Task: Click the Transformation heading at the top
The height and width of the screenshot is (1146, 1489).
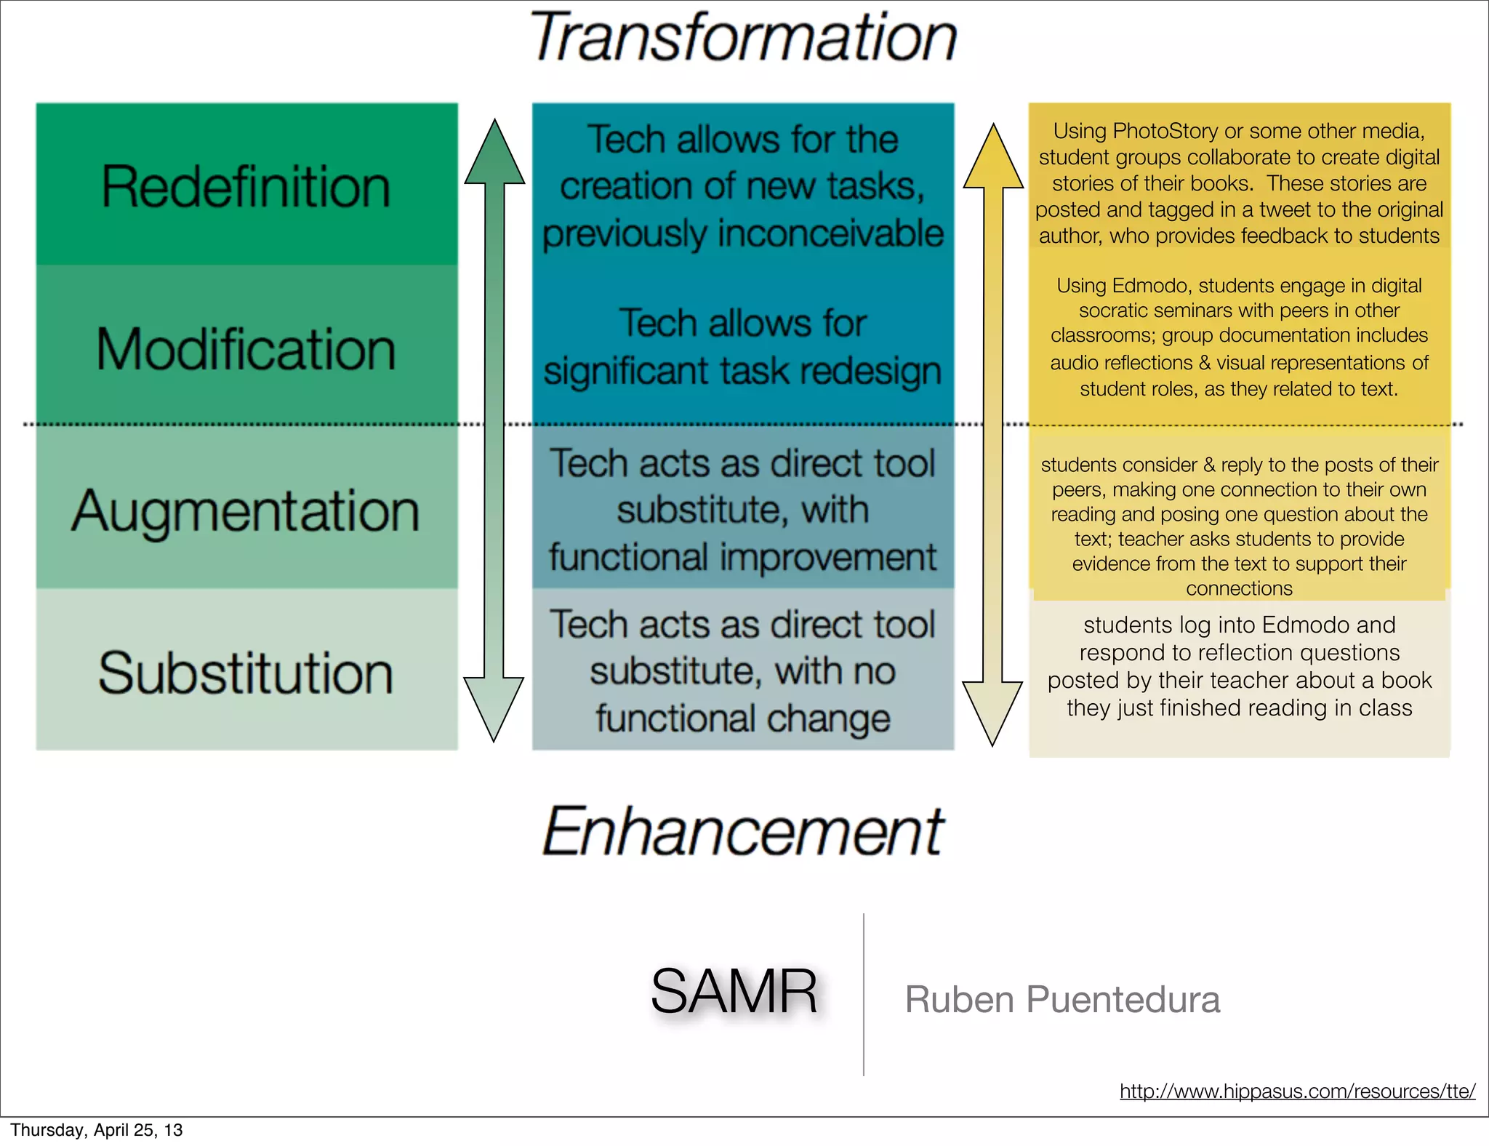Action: pyautogui.click(x=743, y=38)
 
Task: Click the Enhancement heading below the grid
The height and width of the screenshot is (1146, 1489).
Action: pyautogui.click(x=743, y=830)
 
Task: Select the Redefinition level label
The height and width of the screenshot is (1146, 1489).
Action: pyautogui.click(x=246, y=187)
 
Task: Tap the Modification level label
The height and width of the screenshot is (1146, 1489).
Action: pyautogui.click(x=246, y=349)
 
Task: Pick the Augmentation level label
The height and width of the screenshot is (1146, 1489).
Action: pyautogui.click(x=246, y=511)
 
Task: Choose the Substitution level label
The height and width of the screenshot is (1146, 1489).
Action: pyautogui.click(x=246, y=673)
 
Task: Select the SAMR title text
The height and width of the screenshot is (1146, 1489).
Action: pyautogui.click(x=734, y=992)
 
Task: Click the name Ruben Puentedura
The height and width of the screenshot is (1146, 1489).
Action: pyautogui.click(x=1062, y=999)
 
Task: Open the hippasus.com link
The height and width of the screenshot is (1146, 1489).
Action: pyautogui.click(x=1297, y=1091)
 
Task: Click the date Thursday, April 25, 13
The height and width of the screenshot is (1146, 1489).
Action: pyautogui.click(x=97, y=1130)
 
